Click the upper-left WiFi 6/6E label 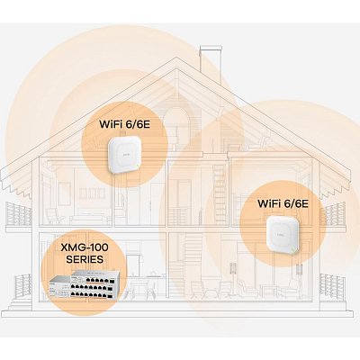(124, 124)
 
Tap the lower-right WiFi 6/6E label (283, 203)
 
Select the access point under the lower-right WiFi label (283, 235)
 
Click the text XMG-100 (85, 247)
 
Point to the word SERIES (85, 259)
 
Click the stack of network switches (84, 284)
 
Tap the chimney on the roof (211, 60)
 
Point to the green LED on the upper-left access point (137, 166)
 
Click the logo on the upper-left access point (123, 154)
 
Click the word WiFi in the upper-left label (111, 124)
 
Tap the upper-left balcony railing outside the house (19, 214)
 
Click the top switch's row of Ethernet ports (95, 281)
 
